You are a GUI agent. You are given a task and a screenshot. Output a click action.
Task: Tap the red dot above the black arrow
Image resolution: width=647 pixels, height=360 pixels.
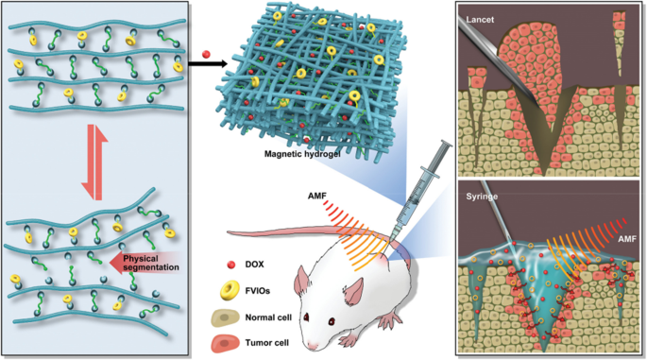tap(207, 51)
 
